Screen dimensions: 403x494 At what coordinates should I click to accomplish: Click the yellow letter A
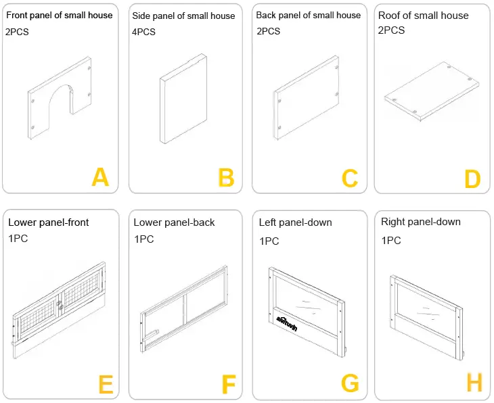coord(100,177)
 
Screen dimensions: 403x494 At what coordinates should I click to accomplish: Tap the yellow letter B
coord(226,178)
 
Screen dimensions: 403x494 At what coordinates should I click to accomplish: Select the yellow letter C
coord(349,178)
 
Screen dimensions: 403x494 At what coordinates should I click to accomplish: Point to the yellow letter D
coord(472,179)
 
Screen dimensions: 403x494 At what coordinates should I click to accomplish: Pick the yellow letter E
coord(106,384)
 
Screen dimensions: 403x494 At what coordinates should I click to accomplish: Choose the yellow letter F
coord(228,384)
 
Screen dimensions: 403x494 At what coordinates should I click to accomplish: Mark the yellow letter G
coord(350,383)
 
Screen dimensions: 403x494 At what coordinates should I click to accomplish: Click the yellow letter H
coord(474,383)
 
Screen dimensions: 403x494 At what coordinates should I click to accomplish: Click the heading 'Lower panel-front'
coord(48,222)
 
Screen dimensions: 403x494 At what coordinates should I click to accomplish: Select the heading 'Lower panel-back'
coord(174,222)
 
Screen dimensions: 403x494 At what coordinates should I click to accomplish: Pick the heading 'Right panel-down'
coord(420,222)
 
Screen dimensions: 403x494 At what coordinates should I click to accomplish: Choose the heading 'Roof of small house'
coord(423,15)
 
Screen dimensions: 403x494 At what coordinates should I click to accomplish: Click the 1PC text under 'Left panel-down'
coord(269,240)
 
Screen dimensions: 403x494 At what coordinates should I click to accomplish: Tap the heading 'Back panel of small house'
coord(308,15)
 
